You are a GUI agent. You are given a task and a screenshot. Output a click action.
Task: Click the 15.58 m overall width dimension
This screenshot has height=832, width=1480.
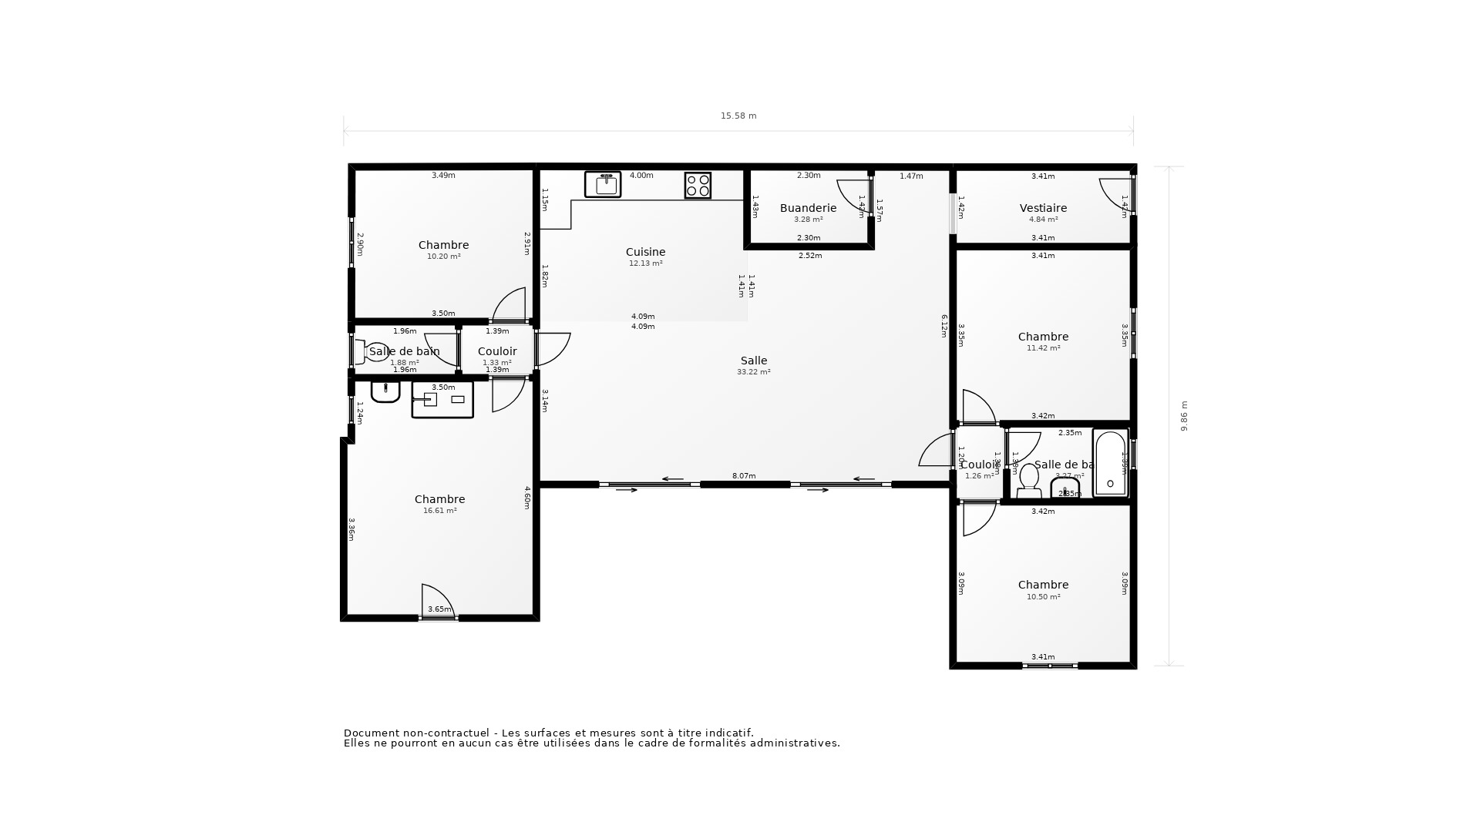tap(738, 116)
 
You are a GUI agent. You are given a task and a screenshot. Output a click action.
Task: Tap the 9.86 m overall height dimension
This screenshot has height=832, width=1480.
tap(1184, 416)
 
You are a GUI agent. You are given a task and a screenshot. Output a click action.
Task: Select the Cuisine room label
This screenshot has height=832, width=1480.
tap(645, 252)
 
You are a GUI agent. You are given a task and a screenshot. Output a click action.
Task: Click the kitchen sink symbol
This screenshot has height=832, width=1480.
tap(603, 184)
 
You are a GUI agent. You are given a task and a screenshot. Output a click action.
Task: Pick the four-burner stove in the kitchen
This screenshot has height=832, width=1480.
tap(698, 185)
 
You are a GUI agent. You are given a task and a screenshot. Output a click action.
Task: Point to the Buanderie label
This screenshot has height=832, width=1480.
tap(808, 208)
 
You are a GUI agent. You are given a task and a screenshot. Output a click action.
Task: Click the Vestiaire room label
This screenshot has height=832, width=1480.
tap(1043, 208)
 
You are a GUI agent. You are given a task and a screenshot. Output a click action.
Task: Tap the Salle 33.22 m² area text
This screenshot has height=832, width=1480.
tap(753, 372)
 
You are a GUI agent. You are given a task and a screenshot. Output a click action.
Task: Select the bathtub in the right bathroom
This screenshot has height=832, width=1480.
tap(1110, 463)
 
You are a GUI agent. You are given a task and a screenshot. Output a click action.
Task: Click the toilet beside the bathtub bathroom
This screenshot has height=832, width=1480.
tap(1029, 481)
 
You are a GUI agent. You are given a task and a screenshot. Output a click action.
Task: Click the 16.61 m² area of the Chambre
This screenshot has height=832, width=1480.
tap(439, 511)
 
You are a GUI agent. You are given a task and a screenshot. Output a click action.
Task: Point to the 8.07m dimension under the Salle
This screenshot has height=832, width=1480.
tap(743, 476)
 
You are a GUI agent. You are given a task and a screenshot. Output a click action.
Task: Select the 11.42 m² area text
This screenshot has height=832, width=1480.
tap(1043, 348)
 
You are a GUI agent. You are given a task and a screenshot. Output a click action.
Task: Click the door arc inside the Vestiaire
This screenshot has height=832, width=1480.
tap(1114, 193)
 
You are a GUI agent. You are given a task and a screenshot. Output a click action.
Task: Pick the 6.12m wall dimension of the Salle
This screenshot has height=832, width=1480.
tap(943, 325)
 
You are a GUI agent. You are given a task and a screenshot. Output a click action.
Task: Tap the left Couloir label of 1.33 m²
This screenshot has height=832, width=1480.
tap(497, 351)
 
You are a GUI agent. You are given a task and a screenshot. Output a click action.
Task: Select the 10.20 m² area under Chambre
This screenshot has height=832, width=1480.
tap(443, 257)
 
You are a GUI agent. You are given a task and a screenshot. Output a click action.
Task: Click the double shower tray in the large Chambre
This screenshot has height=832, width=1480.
tap(442, 400)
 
